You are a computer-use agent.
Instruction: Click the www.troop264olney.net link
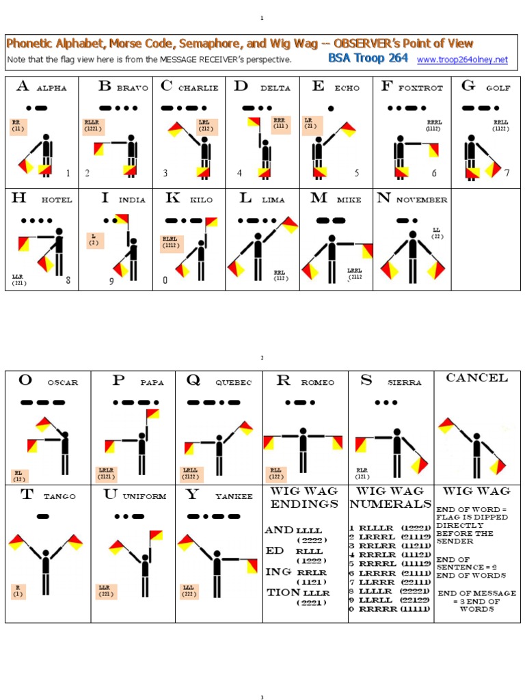point(462,60)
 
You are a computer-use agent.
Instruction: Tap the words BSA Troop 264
point(368,59)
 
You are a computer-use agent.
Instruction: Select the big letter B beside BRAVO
point(105,86)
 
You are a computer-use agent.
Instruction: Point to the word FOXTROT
point(420,88)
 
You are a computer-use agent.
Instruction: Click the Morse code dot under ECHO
point(331,108)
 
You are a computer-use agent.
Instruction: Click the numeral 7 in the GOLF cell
point(507,173)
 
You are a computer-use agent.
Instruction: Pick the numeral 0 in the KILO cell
point(165,280)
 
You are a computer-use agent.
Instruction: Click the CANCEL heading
point(476,378)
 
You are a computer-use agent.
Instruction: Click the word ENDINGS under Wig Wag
point(304,504)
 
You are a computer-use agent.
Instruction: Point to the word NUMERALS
point(390,504)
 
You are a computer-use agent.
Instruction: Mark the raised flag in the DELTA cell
point(255,123)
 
